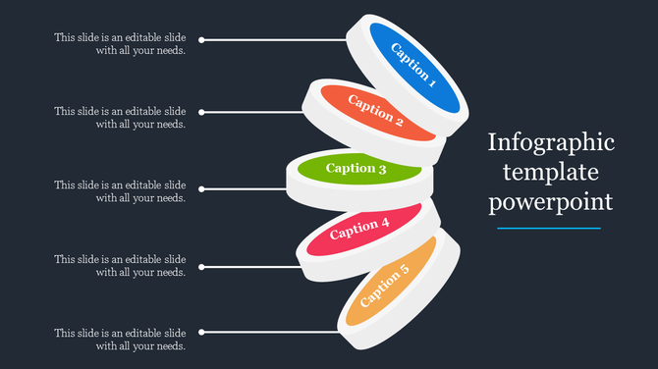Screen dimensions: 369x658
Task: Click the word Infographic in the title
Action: tap(552, 143)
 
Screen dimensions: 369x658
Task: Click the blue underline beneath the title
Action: tap(549, 228)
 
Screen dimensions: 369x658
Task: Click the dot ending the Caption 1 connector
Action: tap(201, 40)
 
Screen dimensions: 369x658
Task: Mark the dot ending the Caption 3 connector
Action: tap(201, 188)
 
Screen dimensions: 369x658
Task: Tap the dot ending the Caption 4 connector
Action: tap(201, 266)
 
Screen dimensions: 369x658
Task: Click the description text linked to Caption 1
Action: tap(120, 44)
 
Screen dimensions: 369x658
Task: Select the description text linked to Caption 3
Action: tap(120, 191)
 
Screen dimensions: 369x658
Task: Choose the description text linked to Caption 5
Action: tap(120, 339)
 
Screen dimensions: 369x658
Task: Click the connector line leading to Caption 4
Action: tap(250, 266)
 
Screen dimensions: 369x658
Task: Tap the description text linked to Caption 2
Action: tap(120, 118)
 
